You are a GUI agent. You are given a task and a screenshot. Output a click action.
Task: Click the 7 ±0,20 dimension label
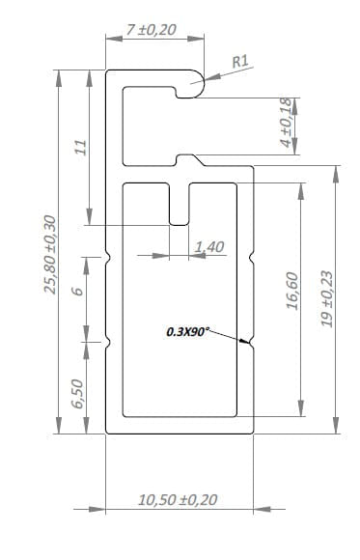(x=152, y=30)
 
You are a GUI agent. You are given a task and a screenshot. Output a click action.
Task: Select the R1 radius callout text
(x=240, y=62)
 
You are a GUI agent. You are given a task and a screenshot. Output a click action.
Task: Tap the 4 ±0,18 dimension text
(x=287, y=123)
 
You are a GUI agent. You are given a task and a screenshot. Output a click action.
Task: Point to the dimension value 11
(x=81, y=147)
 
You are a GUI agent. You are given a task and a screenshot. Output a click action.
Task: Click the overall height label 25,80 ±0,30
(x=50, y=254)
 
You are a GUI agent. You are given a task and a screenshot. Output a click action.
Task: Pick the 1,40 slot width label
(x=210, y=247)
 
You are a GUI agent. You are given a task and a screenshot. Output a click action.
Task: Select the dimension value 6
(x=77, y=291)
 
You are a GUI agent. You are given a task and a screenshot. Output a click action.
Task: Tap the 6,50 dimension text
(x=77, y=394)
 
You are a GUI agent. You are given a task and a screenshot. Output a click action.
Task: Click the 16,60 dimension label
(x=292, y=291)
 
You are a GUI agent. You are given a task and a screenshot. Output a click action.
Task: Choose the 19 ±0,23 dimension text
(x=327, y=299)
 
